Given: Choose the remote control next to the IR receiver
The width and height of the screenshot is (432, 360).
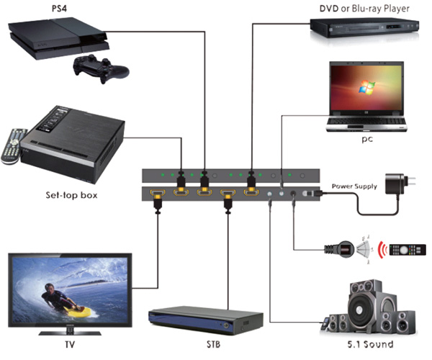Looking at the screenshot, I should [x=408, y=251].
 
